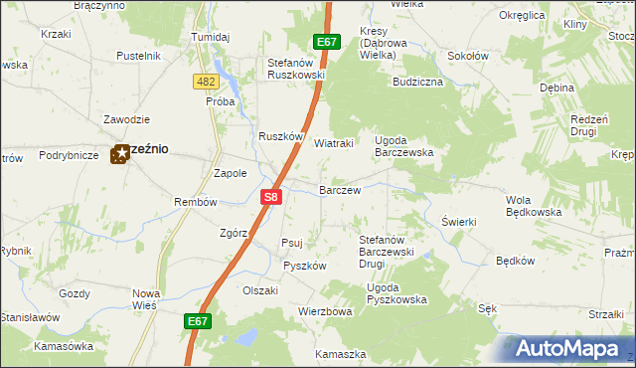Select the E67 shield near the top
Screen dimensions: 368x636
click(327, 42)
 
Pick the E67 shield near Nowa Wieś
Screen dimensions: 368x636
click(198, 321)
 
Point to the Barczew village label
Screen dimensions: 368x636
click(339, 189)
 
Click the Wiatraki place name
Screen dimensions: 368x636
click(334, 143)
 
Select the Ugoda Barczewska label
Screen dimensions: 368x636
click(403, 146)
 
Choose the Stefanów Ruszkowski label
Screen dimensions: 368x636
click(296, 69)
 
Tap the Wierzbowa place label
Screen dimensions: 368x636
click(325, 311)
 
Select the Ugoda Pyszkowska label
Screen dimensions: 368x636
click(397, 293)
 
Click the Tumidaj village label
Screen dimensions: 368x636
click(210, 37)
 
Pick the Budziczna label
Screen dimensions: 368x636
click(417, 82)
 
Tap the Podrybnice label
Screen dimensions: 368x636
click(69, 155)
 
